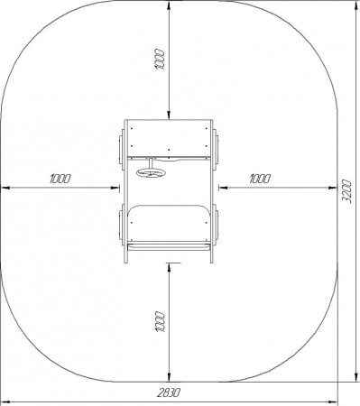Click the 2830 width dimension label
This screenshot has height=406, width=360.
pos(169,392)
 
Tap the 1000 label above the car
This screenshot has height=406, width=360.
pos(160,60)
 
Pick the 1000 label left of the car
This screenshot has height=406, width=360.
pos(60,179)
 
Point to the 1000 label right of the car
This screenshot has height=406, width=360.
pos(260,179)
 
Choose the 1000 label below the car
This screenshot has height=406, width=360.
pos(161,322)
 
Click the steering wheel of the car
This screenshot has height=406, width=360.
pos(152,172)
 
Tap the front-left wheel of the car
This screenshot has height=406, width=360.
pos(121,146)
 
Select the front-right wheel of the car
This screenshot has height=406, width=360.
pos(216,146)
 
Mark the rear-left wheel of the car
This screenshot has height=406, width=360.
pos(121,222)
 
